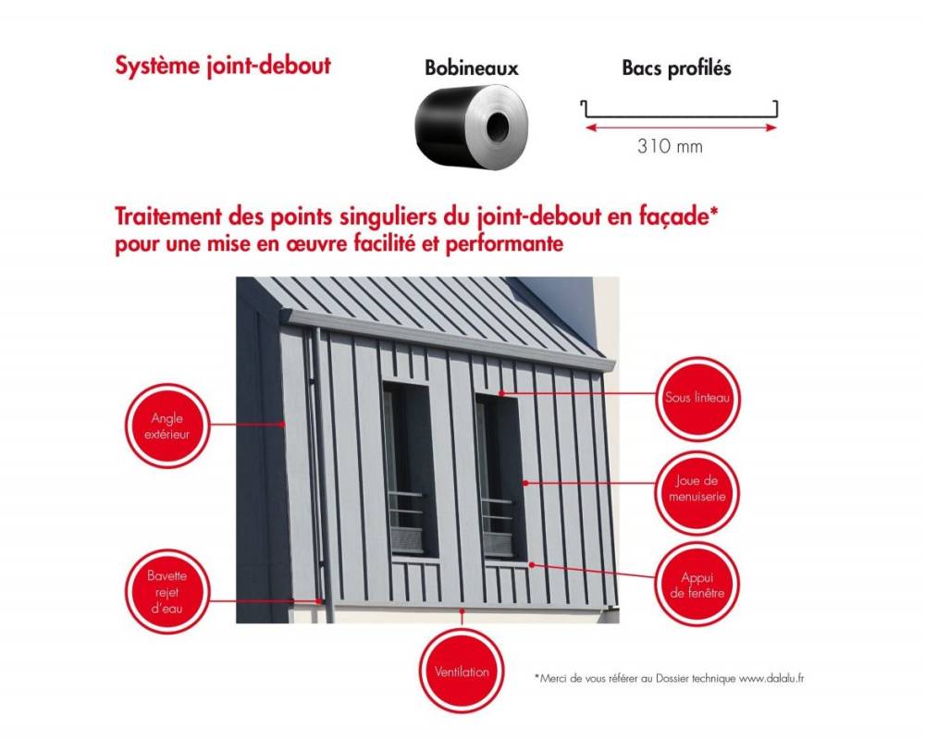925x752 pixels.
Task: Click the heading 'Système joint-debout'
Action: click(x=222, y=67)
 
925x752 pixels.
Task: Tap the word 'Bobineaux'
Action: click(x=471, y=68)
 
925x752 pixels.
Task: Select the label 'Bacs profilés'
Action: click(x=676, y=68)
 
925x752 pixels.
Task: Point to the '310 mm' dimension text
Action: click(x=671, y=146)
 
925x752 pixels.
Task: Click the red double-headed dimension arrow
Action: click(x=680, y=127)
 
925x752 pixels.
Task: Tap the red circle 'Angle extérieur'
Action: click(x=166, y=425)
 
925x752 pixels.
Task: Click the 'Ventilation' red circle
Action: click(x=462, y=672)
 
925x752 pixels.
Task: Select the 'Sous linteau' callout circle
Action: click(x=697, y=399)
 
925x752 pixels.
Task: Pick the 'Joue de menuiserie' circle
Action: click(x=697, y=489)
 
